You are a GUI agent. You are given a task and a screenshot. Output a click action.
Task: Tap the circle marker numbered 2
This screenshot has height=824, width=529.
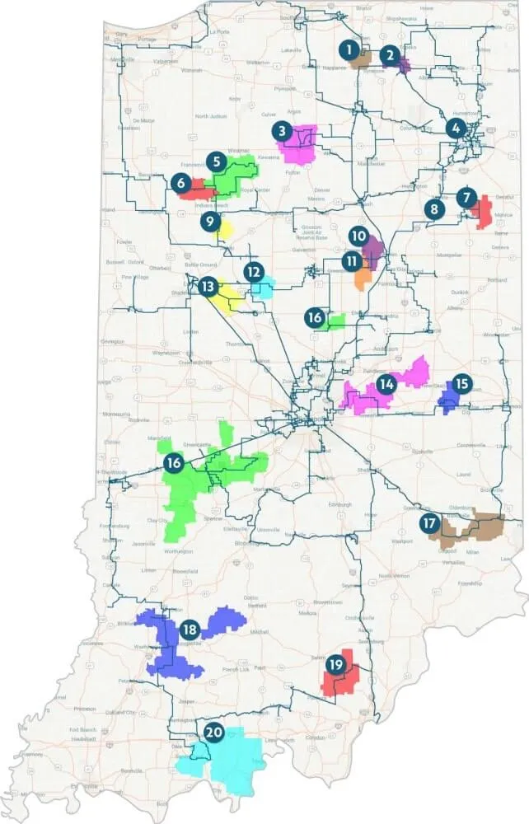click(390, 55)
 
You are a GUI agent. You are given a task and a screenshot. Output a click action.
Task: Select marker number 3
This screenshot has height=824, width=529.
click(282, 130)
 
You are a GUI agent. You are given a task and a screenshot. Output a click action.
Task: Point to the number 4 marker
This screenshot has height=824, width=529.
click(456, 128)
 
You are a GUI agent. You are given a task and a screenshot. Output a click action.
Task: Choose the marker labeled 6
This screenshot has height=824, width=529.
click(180, 185)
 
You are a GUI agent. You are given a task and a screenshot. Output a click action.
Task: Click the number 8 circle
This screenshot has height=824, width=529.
click(434, 209)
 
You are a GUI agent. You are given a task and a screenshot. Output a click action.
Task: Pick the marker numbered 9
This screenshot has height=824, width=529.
click(211, 221)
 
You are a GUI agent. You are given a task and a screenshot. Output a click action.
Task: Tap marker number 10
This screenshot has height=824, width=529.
click(357, 235)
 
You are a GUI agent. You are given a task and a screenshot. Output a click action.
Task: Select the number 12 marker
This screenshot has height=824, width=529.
click(254, 270)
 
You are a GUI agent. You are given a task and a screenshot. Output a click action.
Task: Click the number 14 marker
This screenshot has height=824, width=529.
click(386, 383)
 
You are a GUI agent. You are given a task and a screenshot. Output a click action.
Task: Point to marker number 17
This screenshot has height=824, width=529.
click(428, 522)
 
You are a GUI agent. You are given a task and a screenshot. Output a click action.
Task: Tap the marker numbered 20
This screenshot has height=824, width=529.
click(213, 732)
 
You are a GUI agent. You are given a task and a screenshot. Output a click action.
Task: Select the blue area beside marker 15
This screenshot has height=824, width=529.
click(447, 401)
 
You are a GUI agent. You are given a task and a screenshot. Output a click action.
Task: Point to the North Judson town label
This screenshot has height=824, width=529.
click(210, 116)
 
